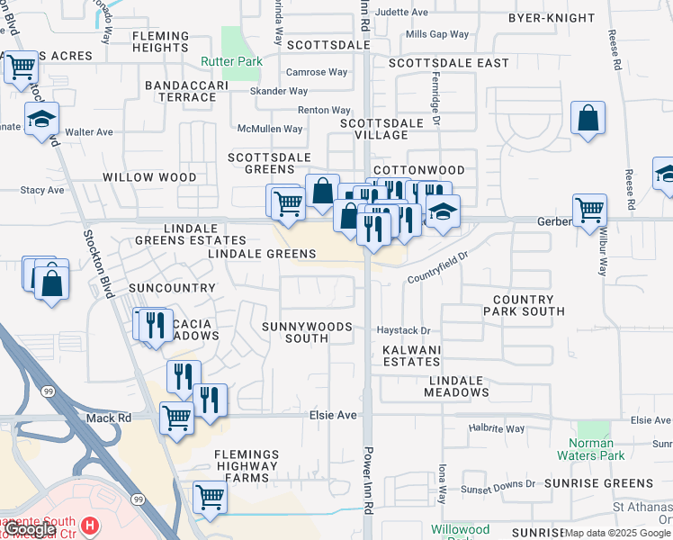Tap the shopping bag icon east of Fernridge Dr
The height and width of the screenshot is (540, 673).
pos(588,117)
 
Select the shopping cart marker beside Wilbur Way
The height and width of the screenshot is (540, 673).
pos(589,211)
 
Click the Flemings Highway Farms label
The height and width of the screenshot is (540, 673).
pos(247,466)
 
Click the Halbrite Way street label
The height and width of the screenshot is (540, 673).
pos(497,429)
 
